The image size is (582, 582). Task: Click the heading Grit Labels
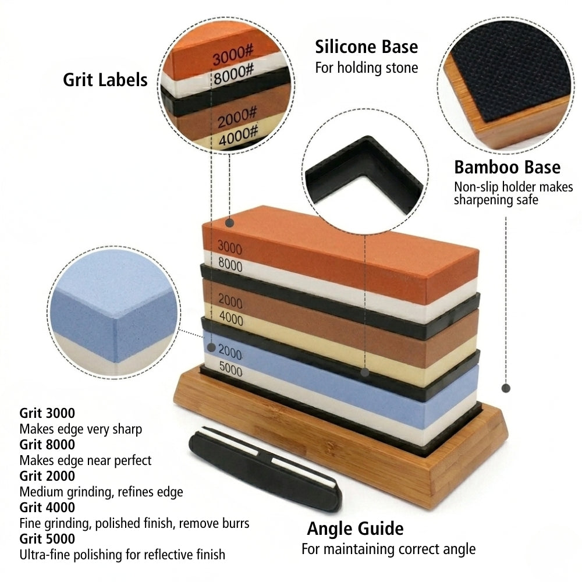[105, 80]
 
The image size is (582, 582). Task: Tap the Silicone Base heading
[366, 47]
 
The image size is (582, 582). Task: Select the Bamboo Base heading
[507, 167]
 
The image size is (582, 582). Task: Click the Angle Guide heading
[355, 528]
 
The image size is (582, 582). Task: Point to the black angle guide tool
[265, 469]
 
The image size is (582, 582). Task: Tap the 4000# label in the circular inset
[237, 136]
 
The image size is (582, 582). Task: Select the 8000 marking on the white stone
[230, 264]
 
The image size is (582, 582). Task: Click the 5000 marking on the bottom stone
[230, 369]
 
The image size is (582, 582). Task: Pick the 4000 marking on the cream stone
[231, 318]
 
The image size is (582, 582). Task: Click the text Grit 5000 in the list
[47, 538]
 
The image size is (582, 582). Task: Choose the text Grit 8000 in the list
[47, 444]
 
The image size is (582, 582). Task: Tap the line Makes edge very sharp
[80, 429]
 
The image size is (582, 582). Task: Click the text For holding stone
[366, 68]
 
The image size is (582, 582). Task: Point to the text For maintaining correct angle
[388, 549]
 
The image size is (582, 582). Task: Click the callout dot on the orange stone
[230, 223]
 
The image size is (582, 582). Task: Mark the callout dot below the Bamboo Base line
[506, 388]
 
